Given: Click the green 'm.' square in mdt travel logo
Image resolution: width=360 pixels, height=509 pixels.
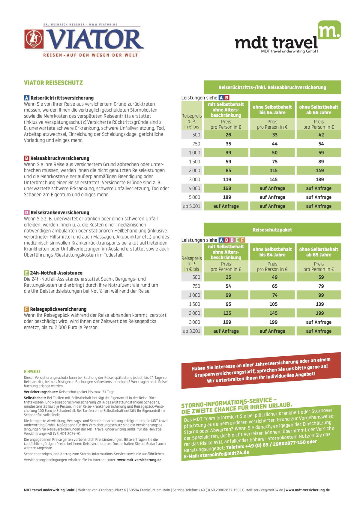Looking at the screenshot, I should pos(329,30).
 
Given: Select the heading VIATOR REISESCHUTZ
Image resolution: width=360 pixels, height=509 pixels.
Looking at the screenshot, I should pos(53,83).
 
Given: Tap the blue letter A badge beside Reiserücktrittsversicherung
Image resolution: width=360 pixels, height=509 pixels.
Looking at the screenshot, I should pos(27,98).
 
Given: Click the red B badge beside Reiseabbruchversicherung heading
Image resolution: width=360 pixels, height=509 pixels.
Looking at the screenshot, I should pos(27,158).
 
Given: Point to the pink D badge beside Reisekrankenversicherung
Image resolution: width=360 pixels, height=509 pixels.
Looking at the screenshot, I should pos(27,212).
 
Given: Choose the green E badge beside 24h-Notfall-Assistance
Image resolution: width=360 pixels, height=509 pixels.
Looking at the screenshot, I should pos(27,273).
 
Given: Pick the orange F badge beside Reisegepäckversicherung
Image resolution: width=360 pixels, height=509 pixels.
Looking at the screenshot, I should pos(27,309).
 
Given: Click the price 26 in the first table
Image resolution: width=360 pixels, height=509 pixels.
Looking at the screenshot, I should pos(228,135).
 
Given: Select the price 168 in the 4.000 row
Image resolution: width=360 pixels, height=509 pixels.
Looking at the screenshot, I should pos(227,188).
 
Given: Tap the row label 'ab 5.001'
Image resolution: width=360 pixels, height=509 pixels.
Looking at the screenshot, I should pos(191,206).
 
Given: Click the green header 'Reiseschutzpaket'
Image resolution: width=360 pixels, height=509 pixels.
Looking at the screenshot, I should pos(272,230).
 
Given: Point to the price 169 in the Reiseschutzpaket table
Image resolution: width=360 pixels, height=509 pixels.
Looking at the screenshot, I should pos(227,322).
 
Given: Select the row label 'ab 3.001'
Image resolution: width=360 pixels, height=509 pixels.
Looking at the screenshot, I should pos(191,331).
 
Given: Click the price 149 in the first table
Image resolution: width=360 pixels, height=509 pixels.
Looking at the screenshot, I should pos(320,170).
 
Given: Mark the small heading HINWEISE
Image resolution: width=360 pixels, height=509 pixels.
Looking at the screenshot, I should pos(32,372).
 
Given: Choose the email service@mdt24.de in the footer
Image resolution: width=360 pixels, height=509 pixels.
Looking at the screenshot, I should pos(268,490).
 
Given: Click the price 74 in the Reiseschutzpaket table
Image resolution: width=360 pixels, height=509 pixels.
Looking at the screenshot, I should pos(275,295).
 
